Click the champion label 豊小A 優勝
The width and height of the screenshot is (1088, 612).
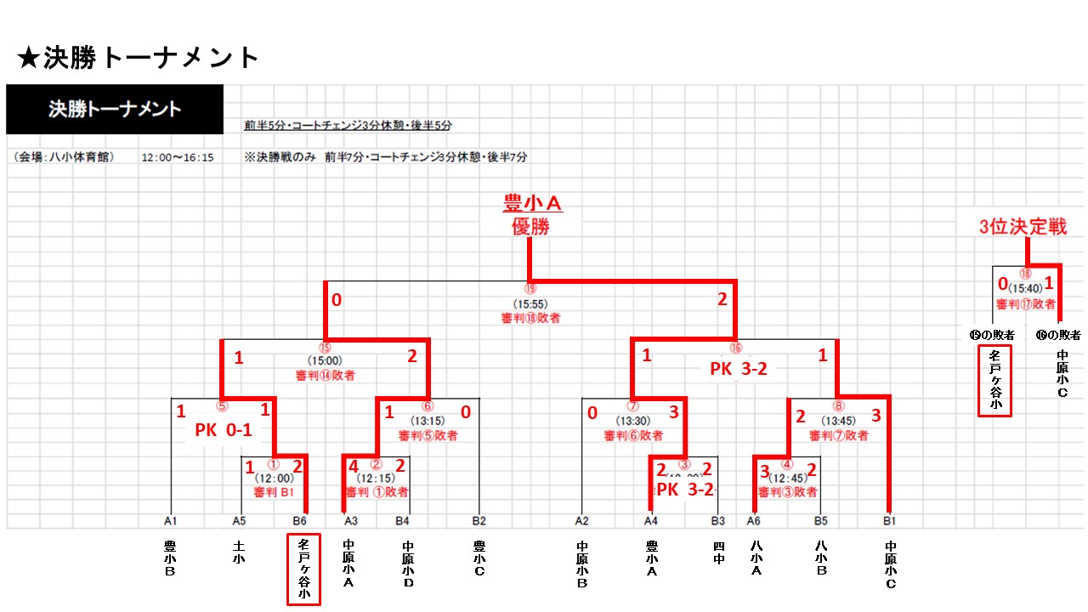point(531,215)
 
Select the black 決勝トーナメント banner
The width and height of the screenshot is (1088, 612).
point(115,109)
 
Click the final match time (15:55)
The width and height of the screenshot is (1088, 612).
point(530,303)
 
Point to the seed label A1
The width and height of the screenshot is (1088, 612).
point(171,520)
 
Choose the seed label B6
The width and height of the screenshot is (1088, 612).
point(299,520)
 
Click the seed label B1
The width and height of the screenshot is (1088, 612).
point(890,520)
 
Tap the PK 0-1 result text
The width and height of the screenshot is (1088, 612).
point(224,430)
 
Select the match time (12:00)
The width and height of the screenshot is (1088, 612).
point(275,479)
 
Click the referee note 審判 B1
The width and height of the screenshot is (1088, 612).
point(274,492)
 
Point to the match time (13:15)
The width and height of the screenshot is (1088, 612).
point(428,420)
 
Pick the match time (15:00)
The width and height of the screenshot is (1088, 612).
point(325,360)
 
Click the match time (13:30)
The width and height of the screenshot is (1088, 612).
point(633,420)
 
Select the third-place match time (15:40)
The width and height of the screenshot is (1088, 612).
point(1025,288)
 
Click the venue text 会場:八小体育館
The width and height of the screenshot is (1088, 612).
point(65,157)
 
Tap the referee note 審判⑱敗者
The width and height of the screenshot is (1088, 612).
point(530,318)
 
